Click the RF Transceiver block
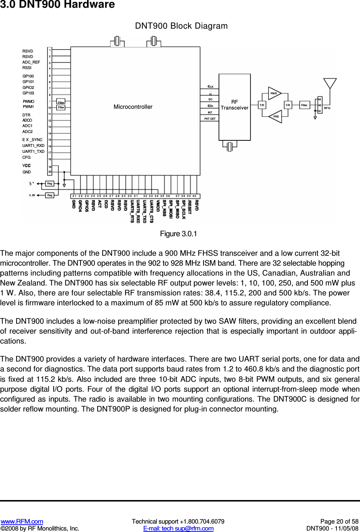point(235,107)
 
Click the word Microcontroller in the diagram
point(133,107)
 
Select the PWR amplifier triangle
point(274,93)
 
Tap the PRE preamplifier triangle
point(276,116)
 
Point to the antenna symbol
point(330,83)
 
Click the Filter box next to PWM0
point(61,102)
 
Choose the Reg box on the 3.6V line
point(50,195)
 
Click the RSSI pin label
point(27,68)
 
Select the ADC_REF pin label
point(31,62)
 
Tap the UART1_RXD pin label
point(33,145)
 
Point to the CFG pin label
point(26,157)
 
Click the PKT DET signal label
point(210,119)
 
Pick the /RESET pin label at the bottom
point(190,207)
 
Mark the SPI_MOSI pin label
point(171,209)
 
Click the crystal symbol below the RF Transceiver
point(230,147)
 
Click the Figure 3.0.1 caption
point(179,234)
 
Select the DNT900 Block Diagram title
point(181,26)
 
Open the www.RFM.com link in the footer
point(22,521)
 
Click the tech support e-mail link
point(178,528)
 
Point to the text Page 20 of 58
point(339,521)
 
